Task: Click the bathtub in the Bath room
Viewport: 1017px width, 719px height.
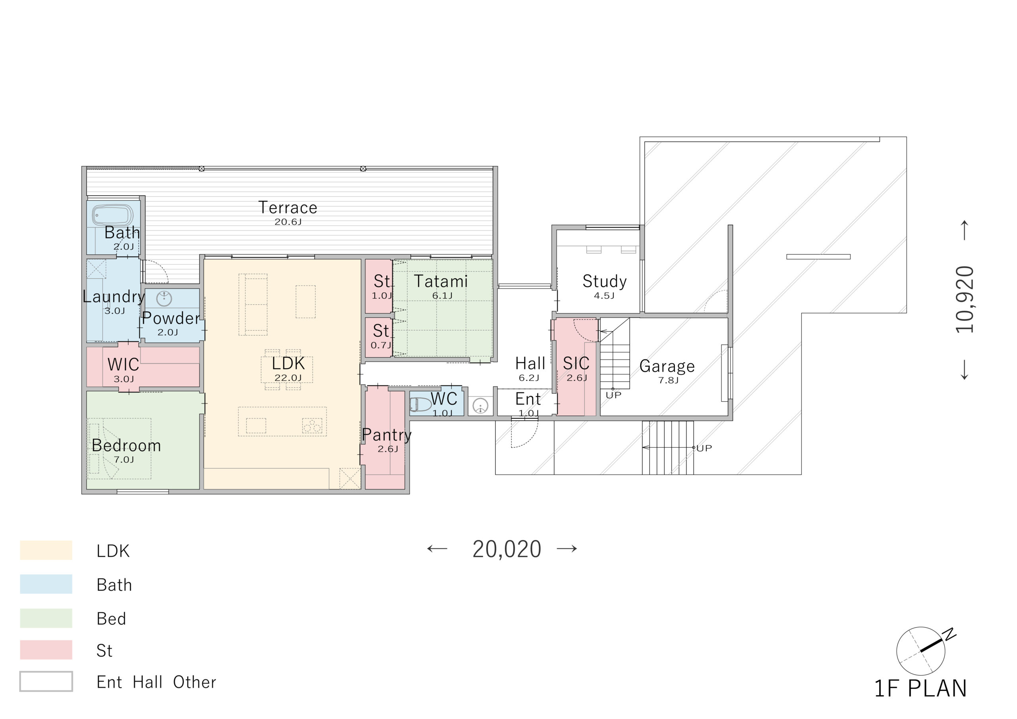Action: tap(112, 215)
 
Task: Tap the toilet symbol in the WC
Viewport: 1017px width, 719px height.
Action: tap(420, 404)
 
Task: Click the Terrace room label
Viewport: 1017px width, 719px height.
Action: tap(288, 207)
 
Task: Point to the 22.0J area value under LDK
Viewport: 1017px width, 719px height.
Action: tap(288, 378)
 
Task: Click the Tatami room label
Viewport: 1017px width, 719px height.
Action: tap(441, 281)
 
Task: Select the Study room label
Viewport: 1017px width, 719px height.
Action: tap(605, 281)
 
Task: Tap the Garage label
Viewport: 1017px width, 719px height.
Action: tap(667, 366)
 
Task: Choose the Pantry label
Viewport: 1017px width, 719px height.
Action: tap(387, 435)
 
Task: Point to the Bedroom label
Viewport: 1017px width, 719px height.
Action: tap(126, 445)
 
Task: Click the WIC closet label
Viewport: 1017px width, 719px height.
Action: tap(123, 365)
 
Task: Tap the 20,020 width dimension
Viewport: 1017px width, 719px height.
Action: tap(507, 549)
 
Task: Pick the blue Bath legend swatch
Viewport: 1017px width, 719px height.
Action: tap(46, 584)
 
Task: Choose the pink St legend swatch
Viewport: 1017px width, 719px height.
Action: tap(46, 649)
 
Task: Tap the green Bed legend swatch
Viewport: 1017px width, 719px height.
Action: tap(46, 618)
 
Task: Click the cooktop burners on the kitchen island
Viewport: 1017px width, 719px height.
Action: tap(312, 425)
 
